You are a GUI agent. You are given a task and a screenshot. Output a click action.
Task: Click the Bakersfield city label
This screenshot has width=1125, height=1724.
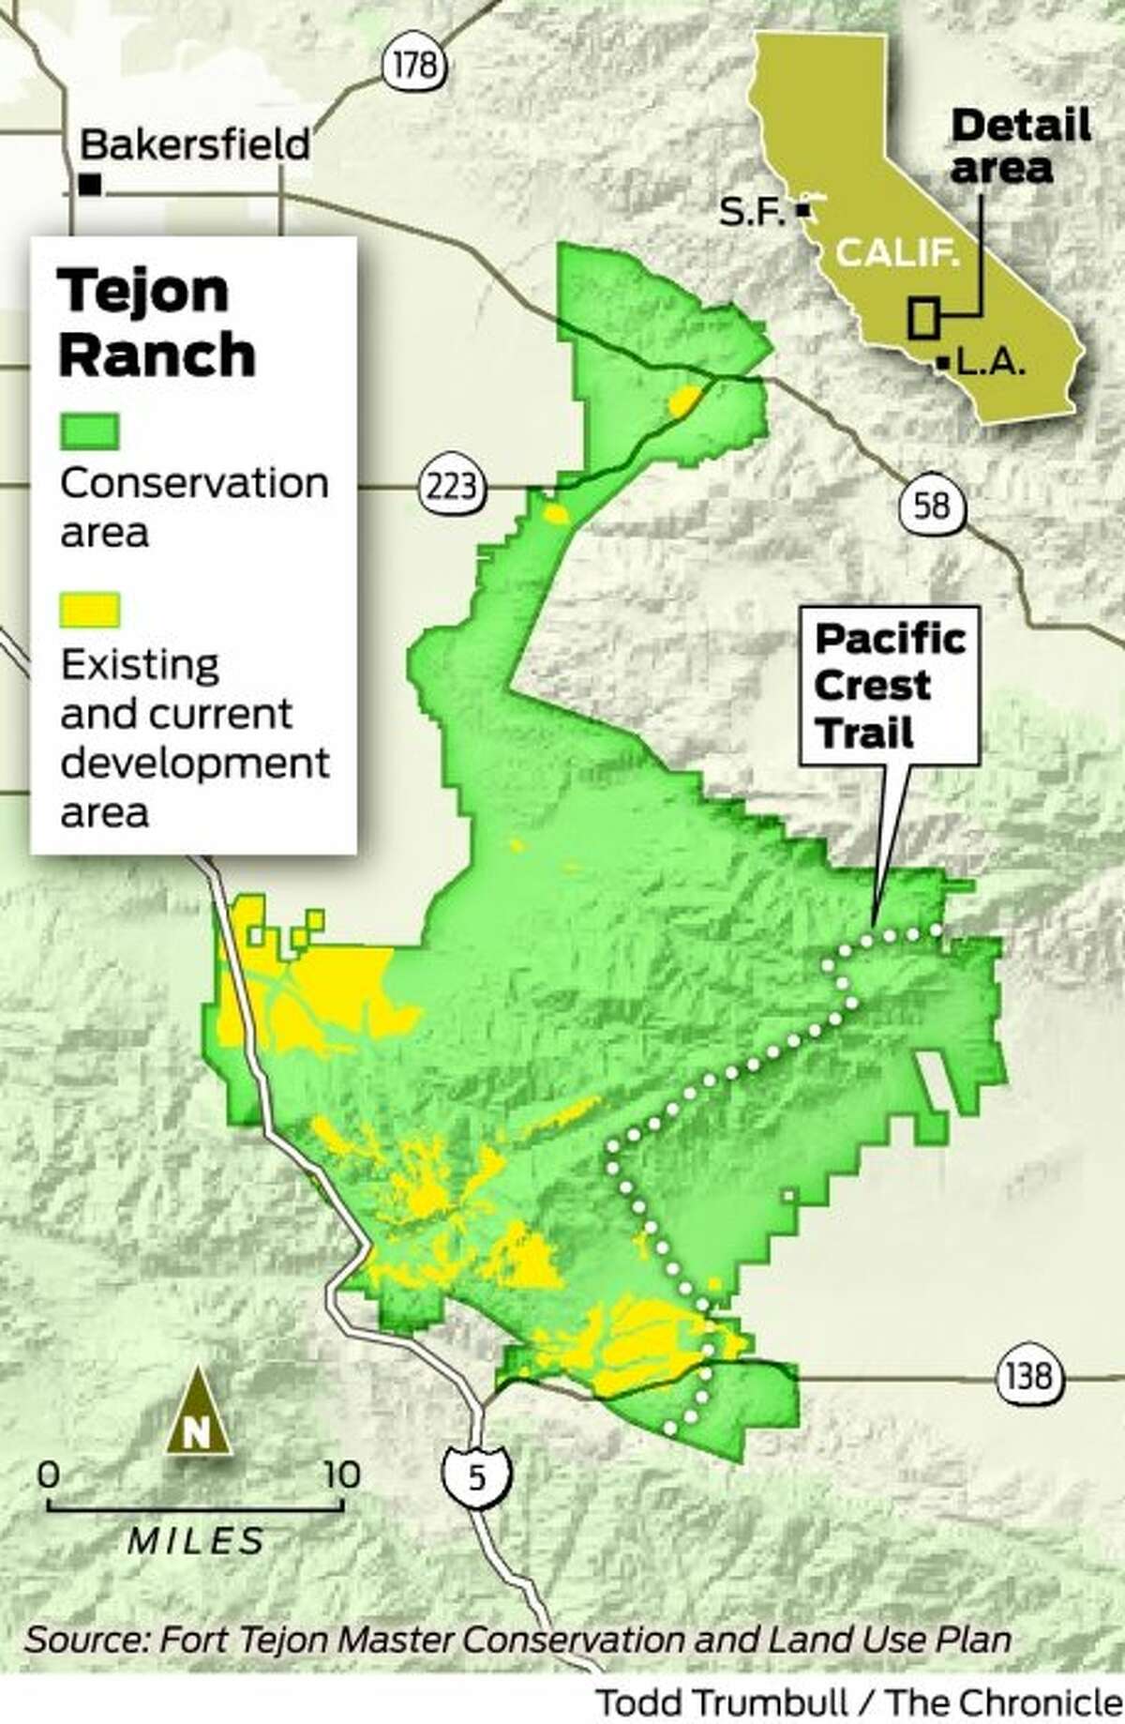click(x=195, y=145)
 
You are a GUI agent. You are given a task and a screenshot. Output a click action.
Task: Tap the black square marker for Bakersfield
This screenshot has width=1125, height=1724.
click(x=90, y=185)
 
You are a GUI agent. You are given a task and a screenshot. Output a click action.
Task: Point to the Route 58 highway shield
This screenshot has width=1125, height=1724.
click(x=929, y=507)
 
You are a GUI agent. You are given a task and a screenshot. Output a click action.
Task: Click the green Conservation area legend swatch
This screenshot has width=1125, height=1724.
click(x=89, y=432)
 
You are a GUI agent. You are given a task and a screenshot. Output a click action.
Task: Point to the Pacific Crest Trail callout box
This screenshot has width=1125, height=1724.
click(x=888, y=685)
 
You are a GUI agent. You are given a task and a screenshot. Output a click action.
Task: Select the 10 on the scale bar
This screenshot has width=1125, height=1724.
click(x=341, y=1475)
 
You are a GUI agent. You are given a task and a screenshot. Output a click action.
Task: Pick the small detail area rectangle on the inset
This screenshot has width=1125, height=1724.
click(x=922, y=317)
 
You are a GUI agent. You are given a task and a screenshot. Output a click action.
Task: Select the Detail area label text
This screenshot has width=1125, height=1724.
click(x=1020, y=146)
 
